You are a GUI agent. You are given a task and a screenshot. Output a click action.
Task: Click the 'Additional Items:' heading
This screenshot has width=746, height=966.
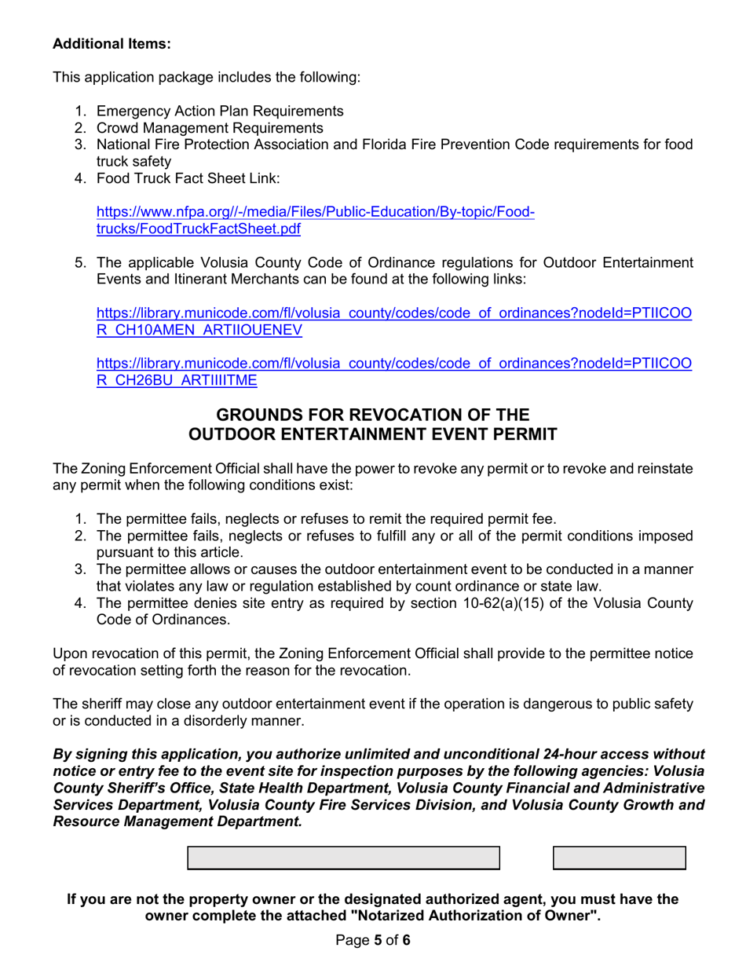(x=112, y=44)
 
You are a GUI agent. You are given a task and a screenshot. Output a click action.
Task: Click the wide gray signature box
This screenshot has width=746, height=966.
(x=343, y=858)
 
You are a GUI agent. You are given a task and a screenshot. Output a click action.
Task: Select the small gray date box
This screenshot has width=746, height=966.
(x=619, y=858)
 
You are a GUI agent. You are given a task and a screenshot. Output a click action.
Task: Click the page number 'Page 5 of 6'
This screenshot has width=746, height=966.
(x=373, y=940)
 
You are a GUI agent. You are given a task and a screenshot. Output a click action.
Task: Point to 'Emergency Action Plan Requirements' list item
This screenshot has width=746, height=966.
(x=219, y=111)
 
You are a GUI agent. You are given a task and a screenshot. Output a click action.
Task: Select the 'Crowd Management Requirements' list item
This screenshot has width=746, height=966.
(x=209, y=128)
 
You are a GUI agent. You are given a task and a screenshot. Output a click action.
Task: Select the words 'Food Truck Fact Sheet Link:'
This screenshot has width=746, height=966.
(x=188, y=178)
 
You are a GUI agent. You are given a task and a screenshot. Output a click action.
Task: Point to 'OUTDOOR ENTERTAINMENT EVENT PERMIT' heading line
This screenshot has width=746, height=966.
(x=373, y=434)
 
